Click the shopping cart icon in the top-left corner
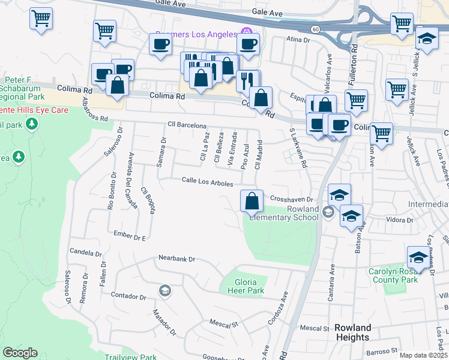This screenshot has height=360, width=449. point(41,19)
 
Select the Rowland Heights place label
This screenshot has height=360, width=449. point(352,332)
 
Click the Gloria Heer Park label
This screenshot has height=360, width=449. point(246,286)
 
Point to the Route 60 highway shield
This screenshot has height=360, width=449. point(315,29)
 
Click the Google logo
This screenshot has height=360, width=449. point(20,353)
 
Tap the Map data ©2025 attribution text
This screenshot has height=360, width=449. point(423,355)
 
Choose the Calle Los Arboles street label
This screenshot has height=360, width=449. point(207,181)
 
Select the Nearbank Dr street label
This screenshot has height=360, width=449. point(177,259)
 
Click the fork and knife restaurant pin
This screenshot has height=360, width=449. point(248,80)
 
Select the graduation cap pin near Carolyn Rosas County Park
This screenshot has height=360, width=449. point(418,257)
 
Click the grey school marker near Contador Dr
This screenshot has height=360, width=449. point(164,290)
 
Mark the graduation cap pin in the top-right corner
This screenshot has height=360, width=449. point(427,38)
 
